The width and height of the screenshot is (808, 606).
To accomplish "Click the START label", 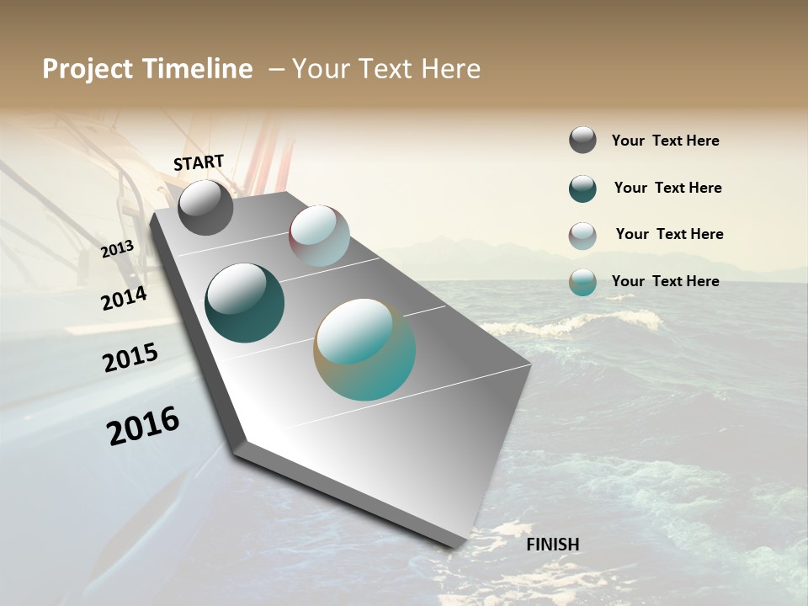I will point(199,162).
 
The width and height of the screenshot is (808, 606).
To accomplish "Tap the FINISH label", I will point(553,545).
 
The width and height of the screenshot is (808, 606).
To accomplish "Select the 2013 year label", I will point(118,249).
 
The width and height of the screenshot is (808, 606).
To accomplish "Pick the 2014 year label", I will point(124,298).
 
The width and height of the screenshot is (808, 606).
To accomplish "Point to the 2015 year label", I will point(130,358).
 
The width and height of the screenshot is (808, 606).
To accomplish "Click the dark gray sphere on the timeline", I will point(205,207).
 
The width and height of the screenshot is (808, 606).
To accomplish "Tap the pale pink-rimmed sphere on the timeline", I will point(319,236).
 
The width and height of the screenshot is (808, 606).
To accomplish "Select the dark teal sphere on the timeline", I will point(244,303).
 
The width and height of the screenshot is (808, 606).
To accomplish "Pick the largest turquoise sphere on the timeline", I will point(364,349).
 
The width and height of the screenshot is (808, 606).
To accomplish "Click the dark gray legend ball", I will point(582,141).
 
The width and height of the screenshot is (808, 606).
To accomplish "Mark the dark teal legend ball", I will point(582,189).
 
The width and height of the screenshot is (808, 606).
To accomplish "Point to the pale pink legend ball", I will point(582,236).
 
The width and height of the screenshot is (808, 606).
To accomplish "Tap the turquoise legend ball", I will point(582,282).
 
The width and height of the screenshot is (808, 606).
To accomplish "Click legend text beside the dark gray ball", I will point(665,141).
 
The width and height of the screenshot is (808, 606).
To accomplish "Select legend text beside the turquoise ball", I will point(665,281).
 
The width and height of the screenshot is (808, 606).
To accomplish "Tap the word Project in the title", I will point(88,69).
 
